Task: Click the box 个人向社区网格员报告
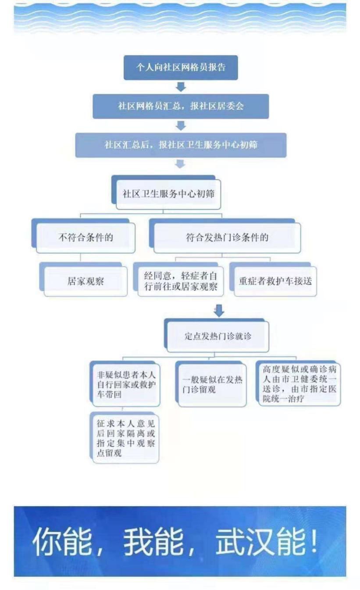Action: coord(181,68)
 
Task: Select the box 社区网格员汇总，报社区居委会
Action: coord(181,106)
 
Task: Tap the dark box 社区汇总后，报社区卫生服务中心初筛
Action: coord(181,145)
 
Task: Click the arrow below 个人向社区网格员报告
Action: coord(181,87)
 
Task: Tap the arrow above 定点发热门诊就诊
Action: coord(219,311)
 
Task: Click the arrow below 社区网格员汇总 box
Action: coord(181,126)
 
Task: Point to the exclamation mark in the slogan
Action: coord(314,541)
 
